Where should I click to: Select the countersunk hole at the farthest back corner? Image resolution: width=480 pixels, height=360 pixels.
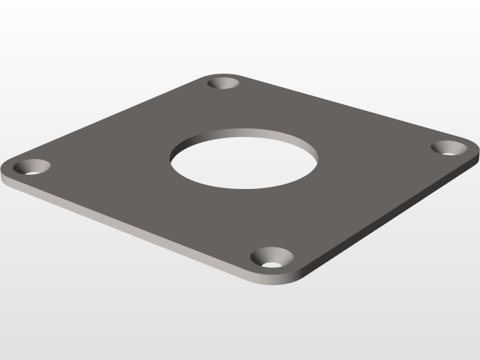pos(223,83)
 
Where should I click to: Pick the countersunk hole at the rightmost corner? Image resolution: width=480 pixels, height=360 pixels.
pos(449,147)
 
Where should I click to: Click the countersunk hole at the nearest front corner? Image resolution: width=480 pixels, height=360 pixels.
pos(271,259)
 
